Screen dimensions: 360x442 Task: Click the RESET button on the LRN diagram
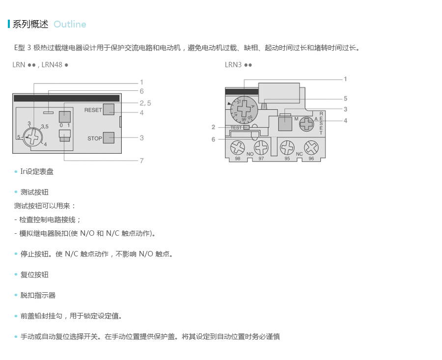click(109, 110)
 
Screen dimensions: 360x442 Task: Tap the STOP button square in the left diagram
click(109, 138)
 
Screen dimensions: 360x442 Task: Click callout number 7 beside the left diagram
click(141, 161)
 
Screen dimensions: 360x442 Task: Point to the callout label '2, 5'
click(145, 103)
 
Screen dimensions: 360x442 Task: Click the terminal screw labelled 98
click(238, 147)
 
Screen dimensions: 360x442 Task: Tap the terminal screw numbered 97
click(261, 147)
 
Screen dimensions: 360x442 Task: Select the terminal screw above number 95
click(287, 147)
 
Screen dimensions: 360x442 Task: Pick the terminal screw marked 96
click(311, 147)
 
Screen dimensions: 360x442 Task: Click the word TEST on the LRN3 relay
click(236, 128)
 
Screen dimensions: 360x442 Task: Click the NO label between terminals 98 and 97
click(249, 154)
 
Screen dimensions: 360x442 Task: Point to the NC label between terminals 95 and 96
click(299, 154)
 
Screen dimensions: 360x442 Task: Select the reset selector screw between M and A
click(307, 123)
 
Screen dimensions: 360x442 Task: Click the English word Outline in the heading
click(70, 25)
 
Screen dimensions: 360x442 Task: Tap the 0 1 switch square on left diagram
click(65, 117)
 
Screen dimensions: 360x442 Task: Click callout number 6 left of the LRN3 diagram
click(213, 139)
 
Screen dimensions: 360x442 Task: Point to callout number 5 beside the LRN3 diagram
click(345, 99)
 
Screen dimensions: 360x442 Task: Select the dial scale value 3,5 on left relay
click(45, 127)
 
